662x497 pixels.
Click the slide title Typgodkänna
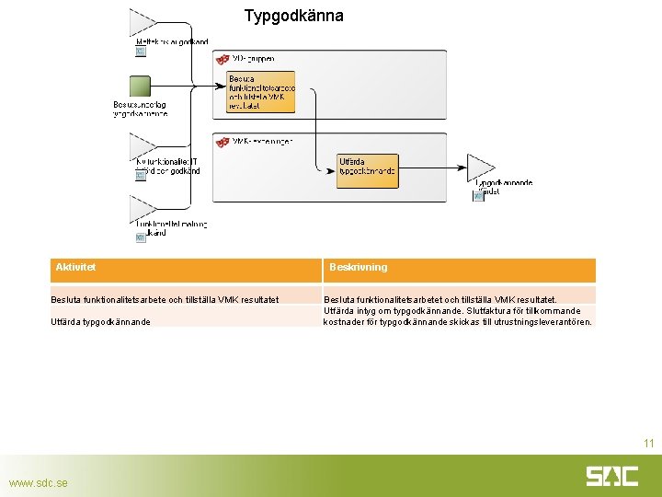294,16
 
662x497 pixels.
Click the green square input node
140,87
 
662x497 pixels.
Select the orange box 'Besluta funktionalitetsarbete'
261,92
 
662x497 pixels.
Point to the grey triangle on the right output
481,167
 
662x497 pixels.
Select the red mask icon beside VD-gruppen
222,59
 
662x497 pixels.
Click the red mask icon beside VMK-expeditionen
222,142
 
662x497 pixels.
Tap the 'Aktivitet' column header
76,268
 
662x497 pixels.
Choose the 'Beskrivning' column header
359,268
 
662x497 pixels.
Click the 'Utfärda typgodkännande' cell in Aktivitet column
101,322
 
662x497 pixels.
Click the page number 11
648,444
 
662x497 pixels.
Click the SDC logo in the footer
611,476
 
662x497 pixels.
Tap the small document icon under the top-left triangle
141,52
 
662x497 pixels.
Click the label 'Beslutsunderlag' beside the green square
140,105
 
